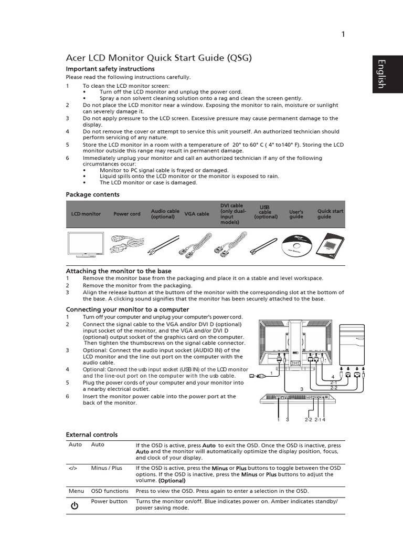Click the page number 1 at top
click(x=343, y=35)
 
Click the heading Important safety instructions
click(x=110, y=69)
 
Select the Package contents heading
click(x=92, y=194)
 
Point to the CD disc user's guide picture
click(x=296, y=244)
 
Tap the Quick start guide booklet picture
click(x=331, y=244)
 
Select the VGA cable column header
click(x=197, y=214)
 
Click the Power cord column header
click(x=127, y=214)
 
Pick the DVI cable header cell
click(x=231, y=214)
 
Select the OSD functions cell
click(x=110, y=491)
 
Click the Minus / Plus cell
click(x=107, y=468)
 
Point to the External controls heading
click(x=91, y=434)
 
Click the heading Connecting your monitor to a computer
click(x=127, y=309)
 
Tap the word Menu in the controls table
click(x=76, y=491)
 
